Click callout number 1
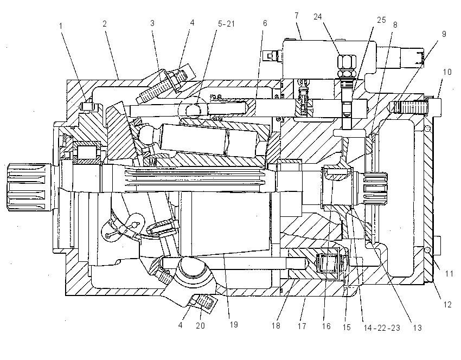click(x=61, y=26)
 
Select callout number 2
click(x=105, y=24)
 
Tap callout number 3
click(x=152, y=23)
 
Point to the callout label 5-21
click(x=226, y=23)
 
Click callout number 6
click(x=265, y=23)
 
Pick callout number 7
click(x=296, y=16)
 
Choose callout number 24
click(x=318, y=17)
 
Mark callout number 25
click(x=381, y=20)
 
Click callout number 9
click(x=444, y=34)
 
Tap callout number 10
click(x=447, y=72)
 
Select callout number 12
click(x=447, y=305)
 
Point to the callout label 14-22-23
click(x=382, y=328)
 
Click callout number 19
click(x=234, y=324)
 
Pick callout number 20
click(x=200, y=326)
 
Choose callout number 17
click(x=302, y=326)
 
